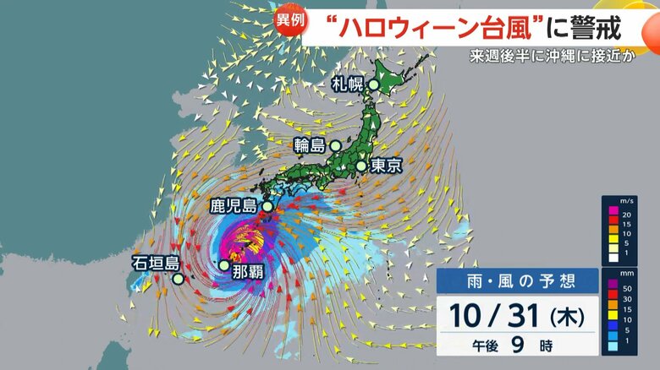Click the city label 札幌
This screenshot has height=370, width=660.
pos(345,83)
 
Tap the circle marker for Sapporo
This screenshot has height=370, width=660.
pos(373,84)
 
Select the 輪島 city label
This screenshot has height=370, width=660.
pos(310,145)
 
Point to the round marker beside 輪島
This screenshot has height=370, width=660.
pos(336,146)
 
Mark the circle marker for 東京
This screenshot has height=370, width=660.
pos(361,166)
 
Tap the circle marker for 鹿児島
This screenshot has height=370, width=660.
pos(268,206)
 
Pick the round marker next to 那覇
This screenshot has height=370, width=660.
pos(223,265)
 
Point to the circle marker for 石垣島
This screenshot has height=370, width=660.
pos(178,279)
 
